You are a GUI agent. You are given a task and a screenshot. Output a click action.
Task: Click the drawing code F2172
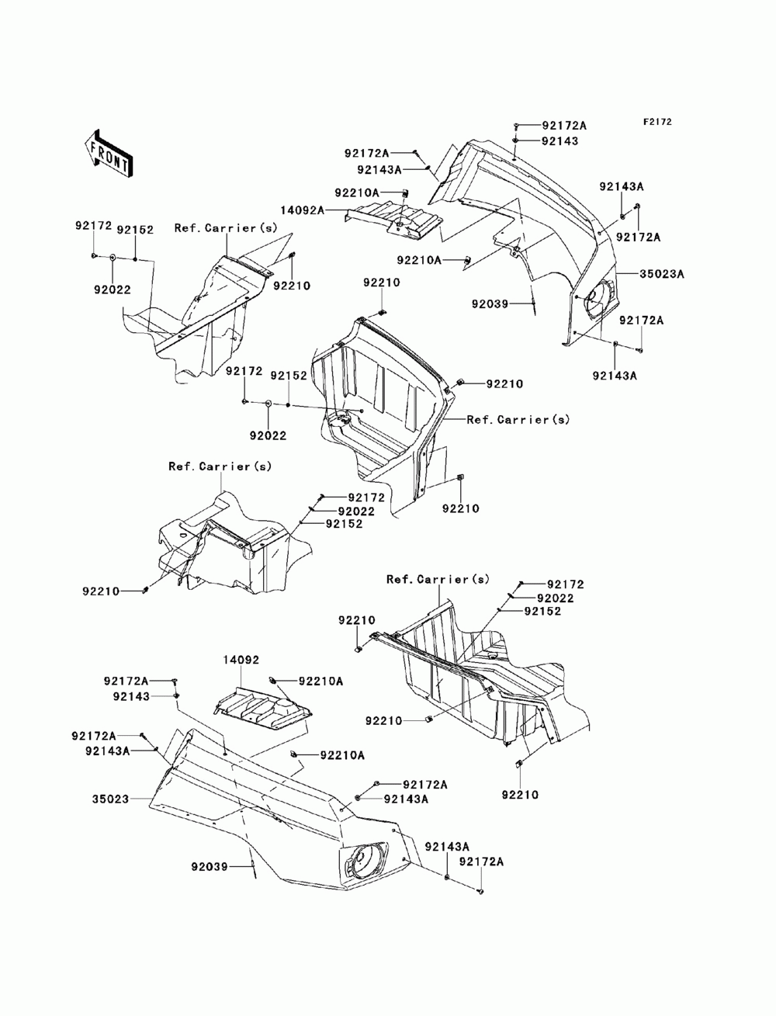point(656,122)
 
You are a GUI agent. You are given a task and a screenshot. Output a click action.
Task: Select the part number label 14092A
point(302,210)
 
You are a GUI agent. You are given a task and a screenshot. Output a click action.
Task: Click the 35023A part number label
point(661,274)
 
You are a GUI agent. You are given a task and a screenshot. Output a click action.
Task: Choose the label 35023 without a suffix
point(110,799)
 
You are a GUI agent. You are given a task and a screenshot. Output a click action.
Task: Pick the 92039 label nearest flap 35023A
point(490,304)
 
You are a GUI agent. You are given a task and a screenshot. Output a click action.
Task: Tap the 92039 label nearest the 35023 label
point(210,866)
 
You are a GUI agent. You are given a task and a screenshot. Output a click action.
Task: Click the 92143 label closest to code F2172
point(559,140)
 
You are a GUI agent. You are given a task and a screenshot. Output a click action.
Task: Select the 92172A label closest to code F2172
point(564,126)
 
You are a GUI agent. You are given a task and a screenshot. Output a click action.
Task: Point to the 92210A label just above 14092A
point(357,192)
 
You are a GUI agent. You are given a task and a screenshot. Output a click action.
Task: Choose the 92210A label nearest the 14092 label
point(320,681)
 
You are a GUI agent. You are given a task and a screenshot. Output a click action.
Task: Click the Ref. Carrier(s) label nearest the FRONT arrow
point(226,227)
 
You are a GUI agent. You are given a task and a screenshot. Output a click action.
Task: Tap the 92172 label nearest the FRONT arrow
point(94,225)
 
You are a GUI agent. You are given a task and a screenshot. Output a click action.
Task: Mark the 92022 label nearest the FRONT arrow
point(113,290)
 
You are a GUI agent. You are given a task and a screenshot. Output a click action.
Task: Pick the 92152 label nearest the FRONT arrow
point(135,230)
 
